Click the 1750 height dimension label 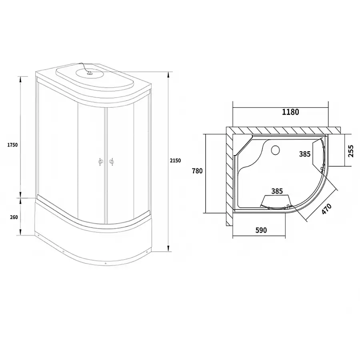coord(12,145)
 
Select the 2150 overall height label coord(176,160)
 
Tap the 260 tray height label coord(14,217)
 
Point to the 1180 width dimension coord(290,112)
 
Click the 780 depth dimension coord(197,171)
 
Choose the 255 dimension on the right coord(350,151)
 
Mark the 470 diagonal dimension coord(326,209)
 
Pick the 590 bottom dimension coord(261,230)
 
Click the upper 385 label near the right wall coord(305,154)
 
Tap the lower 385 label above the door coord(277,191)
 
